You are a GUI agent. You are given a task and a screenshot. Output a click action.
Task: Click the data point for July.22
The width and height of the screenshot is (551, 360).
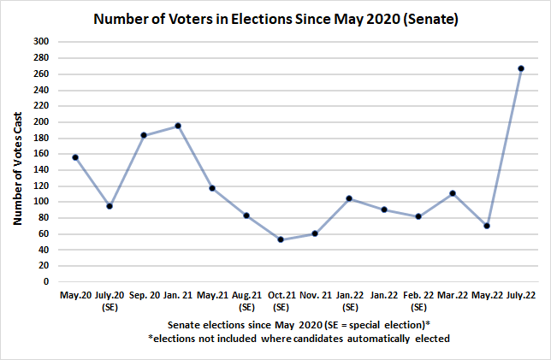pyautogui.click(x=521, y=68)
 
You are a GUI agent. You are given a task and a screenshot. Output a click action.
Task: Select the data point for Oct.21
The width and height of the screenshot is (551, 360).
pyautogui.click(x=281, y=239)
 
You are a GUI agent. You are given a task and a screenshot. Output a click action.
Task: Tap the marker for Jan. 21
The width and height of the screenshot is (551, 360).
pyautogui.click(x=178, y=126)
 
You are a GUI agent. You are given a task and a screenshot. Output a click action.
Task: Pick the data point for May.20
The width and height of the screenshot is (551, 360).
pyautogui.click(x=75, y=157)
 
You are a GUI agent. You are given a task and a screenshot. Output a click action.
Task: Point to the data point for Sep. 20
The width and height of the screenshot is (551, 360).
pyautogui.click(x=144, y=135)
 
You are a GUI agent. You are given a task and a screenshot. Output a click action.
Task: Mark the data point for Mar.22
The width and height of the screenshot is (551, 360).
pyautogui.click(x=452, y=193)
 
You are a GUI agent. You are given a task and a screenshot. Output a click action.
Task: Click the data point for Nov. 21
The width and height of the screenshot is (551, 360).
pyautogui.click(x=315, y=233)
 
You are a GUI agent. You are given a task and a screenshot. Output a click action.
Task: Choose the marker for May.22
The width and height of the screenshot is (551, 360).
pyautogui.click(x=487, y=226)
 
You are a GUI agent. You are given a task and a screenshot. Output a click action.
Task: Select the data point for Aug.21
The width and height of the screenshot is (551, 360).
pyautogui.click(x=246, y=215)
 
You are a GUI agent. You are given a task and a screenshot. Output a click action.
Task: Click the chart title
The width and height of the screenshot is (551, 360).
pyautogui.click(x=275, y=18)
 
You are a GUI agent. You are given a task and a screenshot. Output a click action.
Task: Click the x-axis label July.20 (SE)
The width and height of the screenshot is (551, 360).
pyautogui.click(x=110, y=300)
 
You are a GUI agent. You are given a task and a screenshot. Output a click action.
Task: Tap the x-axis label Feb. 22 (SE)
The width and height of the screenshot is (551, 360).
pyautogui.click(x=418, y=300)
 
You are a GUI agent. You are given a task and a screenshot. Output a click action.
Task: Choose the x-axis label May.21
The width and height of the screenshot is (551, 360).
pyautogui.click(x=212, y=295)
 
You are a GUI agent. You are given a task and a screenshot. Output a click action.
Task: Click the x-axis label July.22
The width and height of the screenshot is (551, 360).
pyautogui.click(x=521, y=295)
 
